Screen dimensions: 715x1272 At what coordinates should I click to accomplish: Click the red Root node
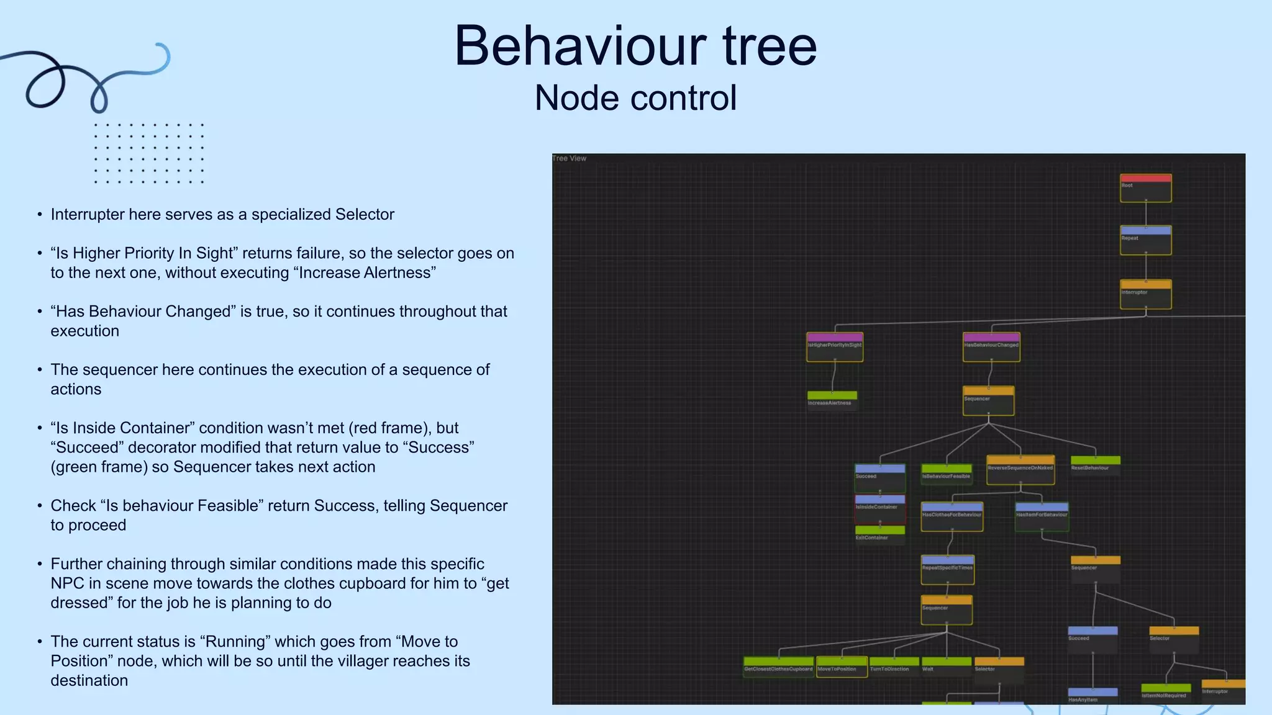tap(1145, 188)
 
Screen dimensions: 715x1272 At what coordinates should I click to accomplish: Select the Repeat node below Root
tap(1145, 240)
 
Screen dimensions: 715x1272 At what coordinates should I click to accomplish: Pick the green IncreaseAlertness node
tap(832, 400)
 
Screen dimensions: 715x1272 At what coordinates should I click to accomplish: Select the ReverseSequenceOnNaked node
tap(1020, 470)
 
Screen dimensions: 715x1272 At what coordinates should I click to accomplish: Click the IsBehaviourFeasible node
tap(947, 474)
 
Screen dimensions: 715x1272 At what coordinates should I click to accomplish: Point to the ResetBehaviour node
tap(1096, 465)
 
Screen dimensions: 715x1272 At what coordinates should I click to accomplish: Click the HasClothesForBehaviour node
tap(952, 516)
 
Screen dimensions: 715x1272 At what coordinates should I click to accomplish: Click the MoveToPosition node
tap(842, 667)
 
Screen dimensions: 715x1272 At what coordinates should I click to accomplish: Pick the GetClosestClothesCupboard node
tap(778, 667)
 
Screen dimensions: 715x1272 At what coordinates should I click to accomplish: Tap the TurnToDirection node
tap(894, 667)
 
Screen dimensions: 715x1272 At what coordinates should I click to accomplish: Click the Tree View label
tap(570, 158)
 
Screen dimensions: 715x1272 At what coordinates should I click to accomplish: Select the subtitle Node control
tap(635, 98)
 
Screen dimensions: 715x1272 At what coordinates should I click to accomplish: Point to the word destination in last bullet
tap(89, 680)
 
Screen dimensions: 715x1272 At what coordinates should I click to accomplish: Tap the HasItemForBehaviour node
tap(1042, 516)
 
